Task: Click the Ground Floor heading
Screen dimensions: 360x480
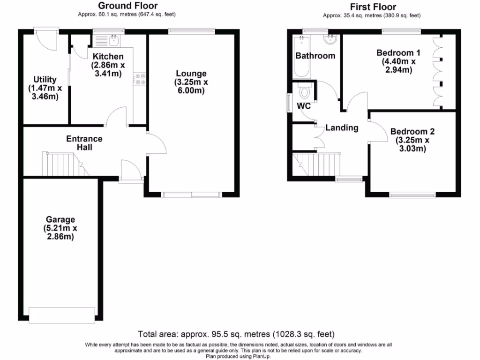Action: [127, 6]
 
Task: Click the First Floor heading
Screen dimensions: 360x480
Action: [373, 7]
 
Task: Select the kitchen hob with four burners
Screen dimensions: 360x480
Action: [139, 80]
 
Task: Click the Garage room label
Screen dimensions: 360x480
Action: [60, 219]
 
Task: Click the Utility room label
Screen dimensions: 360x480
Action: [45, 80]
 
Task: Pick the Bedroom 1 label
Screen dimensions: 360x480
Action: [395, 52]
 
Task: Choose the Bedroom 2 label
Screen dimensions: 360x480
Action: [409, 132]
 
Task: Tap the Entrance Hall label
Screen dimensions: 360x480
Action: [84, 143]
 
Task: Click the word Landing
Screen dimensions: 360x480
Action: [342, 127]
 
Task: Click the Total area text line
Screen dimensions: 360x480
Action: [236, 334]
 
